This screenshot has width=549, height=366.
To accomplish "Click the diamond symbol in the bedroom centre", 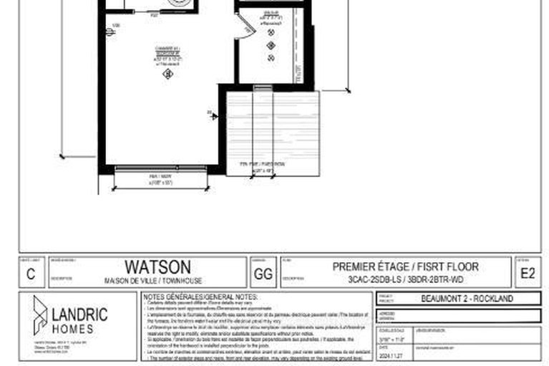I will (x=167, y=72).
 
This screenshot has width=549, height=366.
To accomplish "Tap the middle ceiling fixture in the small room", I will (x=271, y=46).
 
